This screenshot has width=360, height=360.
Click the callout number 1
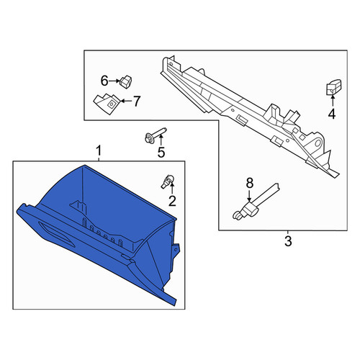[x=99, y=151]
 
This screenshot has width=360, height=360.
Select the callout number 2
[x=172, y=201]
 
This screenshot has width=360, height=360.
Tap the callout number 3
[x=288, y=241]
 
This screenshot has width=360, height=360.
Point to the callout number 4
[x=332, y=114]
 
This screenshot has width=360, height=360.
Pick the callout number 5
[x=161, y=152]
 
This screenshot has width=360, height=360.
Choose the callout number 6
[x=104, y=81]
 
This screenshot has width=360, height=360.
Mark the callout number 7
[x=136, y=102]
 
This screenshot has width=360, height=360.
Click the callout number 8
[x=250, y=183]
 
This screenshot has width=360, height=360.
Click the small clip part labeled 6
[x=126, y=81]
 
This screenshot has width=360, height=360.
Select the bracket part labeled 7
[x=107, y=103]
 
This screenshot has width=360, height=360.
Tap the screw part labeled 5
[x=156, y=135]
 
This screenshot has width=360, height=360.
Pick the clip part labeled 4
[x=333, y=87]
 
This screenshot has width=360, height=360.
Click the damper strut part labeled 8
[x=256, y=202]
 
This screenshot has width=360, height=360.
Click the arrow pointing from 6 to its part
[x=114, y=81]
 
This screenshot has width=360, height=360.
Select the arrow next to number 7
[x=126, y=101]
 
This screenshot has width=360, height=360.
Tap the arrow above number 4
[x=333, y=101]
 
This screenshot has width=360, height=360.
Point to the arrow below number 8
[x=249, y=195]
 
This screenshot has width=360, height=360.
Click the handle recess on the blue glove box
[x=57, y=234]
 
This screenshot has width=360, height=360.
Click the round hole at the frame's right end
[x=318, y=143]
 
